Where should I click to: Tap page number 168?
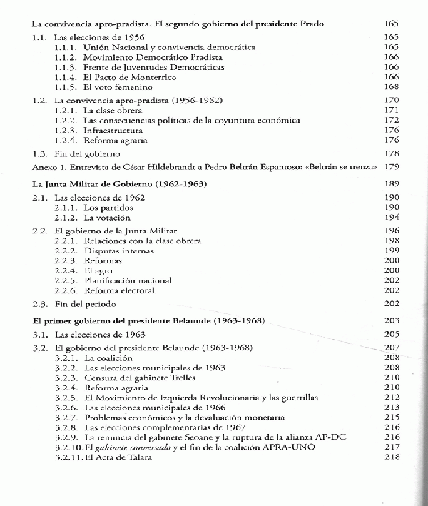[x=391, y=87]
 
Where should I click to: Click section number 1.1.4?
[x=66, y=77]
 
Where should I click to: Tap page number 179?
[x=391, y=167]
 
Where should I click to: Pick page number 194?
[x=392, y=217]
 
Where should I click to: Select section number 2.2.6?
[x=66, y=292]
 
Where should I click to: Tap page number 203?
[x=392, y=321]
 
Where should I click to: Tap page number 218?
[x=392, y=457]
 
